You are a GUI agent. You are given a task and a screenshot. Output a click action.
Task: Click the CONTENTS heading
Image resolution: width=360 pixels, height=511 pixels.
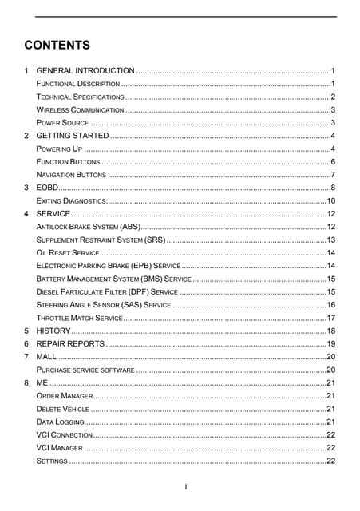pos(57,45)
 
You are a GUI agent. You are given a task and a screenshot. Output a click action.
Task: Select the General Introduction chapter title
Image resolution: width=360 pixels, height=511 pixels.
pos(85,71)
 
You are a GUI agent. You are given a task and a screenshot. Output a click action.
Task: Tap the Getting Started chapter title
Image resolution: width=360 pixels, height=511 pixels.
pos(73,137)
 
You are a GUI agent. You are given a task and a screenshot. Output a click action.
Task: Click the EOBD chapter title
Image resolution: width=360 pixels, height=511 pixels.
pos(49,188)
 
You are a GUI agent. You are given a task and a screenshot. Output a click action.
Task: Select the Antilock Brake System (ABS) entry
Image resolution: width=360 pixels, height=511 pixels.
pos(89,227)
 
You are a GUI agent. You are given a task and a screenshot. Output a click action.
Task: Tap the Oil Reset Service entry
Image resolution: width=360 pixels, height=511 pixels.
pos(68,252)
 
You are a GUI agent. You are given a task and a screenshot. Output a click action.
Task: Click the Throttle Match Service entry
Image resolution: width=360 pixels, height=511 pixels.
pos(79,317)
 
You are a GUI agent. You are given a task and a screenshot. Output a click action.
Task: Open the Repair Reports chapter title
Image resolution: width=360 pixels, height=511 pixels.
pos(70,343)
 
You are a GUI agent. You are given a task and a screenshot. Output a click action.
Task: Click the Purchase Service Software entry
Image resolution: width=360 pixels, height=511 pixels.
pos(85,370)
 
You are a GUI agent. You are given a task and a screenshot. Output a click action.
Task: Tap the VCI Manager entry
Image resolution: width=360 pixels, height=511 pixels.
pos(60,448)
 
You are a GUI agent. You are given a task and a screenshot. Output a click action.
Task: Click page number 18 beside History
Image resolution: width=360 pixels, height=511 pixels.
pos(330,331)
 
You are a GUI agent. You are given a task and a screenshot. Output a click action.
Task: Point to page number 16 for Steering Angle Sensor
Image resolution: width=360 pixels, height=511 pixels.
pos(330,304)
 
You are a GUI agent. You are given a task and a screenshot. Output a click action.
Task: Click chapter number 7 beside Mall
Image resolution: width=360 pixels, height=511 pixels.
pos(27,356)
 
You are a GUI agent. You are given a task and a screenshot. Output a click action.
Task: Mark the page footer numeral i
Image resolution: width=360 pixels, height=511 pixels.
pos(185,486)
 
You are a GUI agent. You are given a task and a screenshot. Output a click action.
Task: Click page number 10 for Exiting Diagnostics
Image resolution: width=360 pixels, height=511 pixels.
pos(330,200)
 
